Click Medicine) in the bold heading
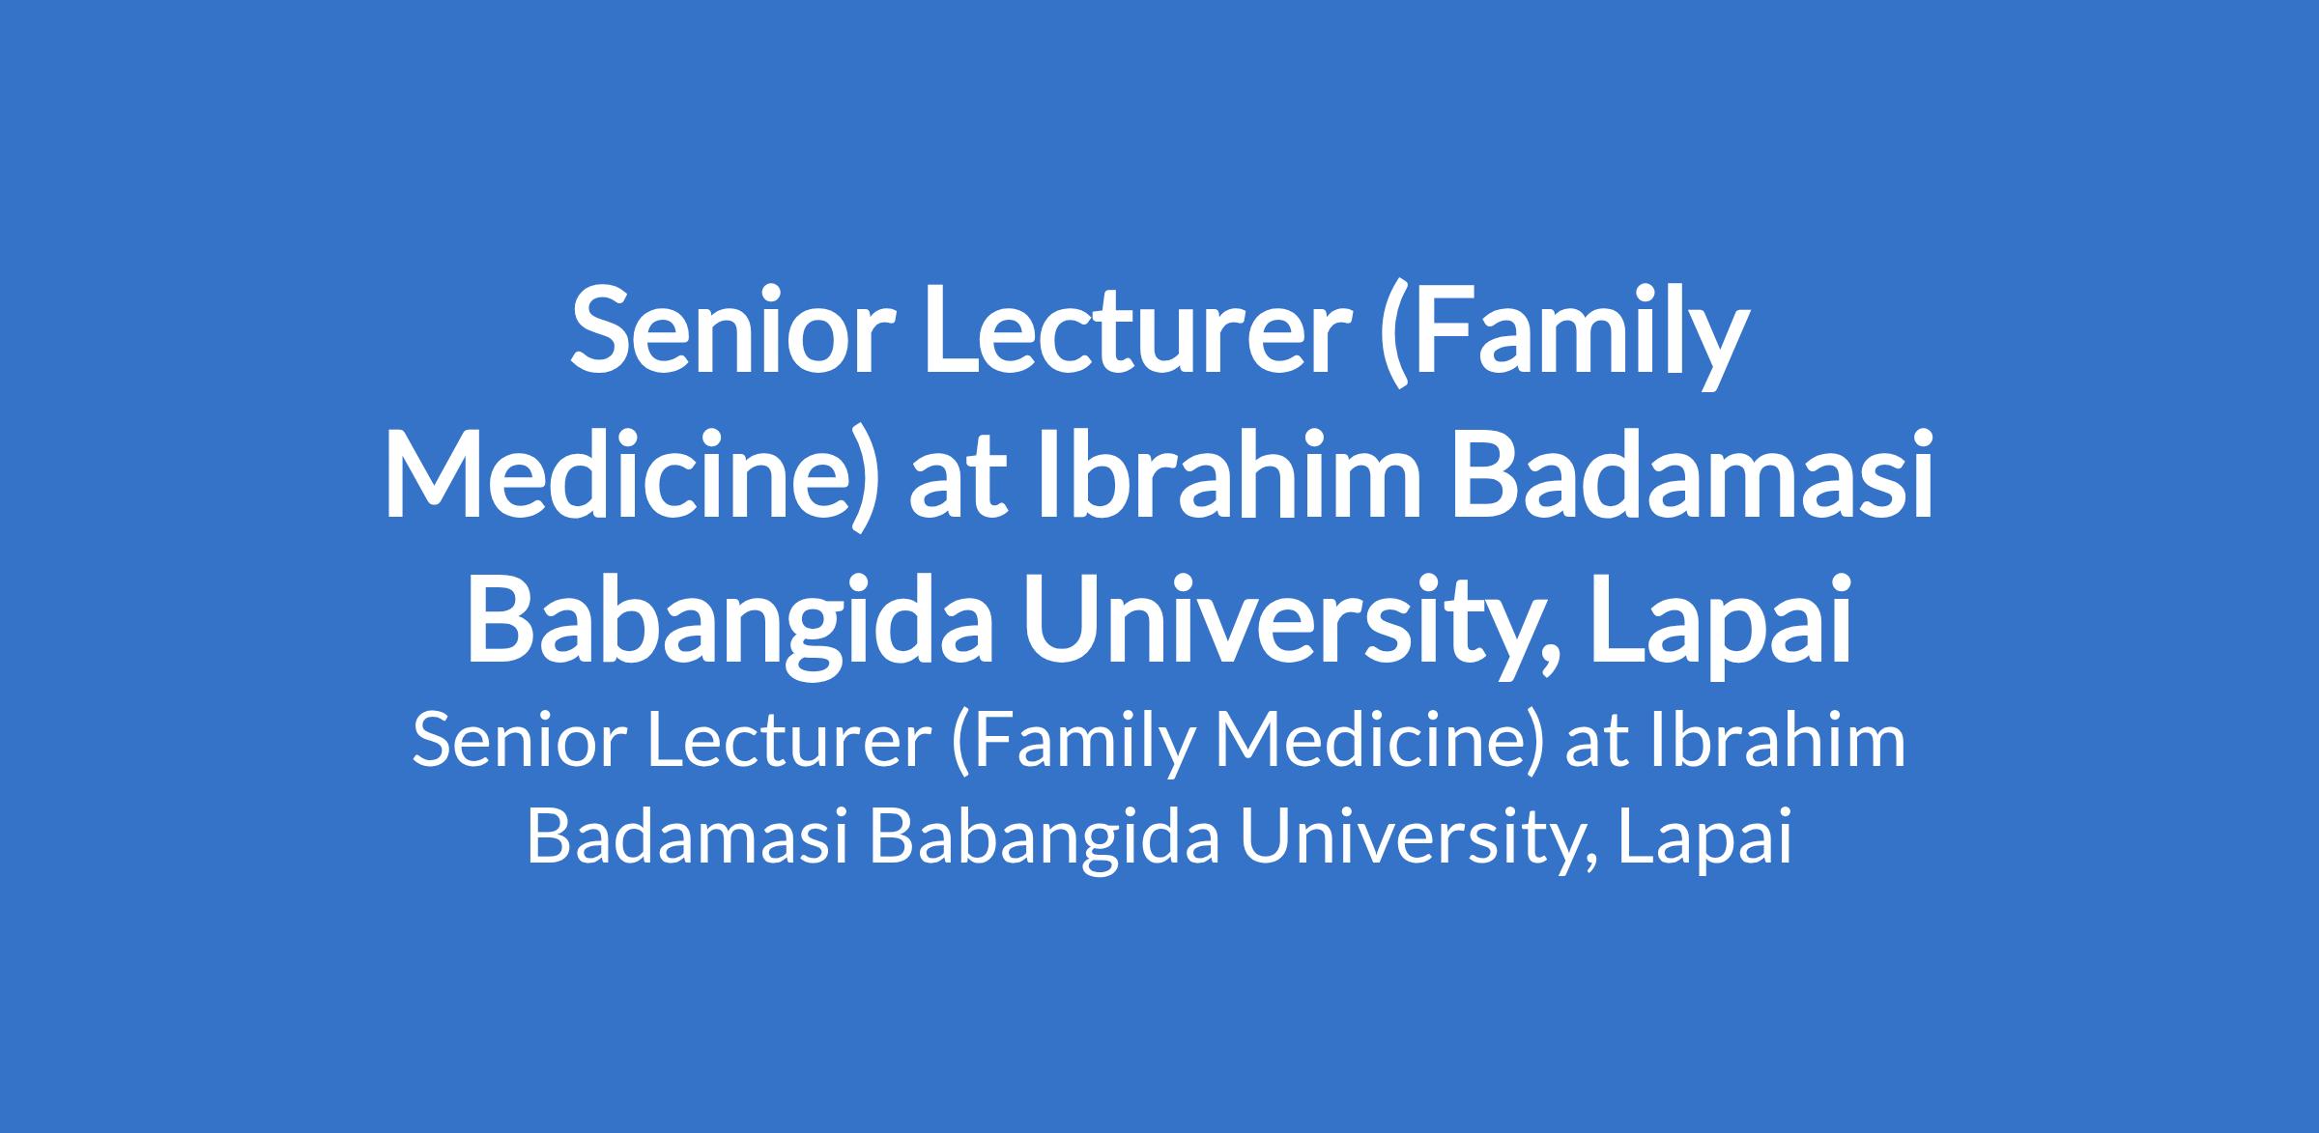[633, 476]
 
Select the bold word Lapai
[1722, 622]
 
